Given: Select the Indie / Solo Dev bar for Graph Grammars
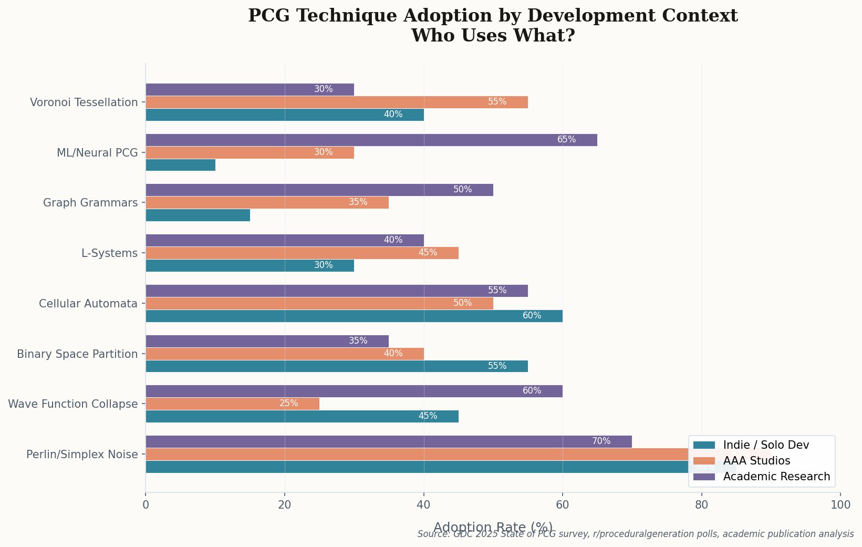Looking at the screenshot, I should pyautogui.click(x=198, y=215).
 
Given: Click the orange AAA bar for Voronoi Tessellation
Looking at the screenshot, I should pyautogui.click(x=336, y=102).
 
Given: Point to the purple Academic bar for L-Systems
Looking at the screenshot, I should pyautogui.click(x=284, y=240).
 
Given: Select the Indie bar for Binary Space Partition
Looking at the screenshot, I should pyautogui.click(x=336, y=366).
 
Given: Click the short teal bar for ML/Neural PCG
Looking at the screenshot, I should pyautogui.click(x=180, y=165).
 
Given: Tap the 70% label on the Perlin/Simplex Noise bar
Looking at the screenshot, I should pyautogui.click(x=601, y=441).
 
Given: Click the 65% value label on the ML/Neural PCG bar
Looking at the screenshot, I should pyautogui.click(x=566, y=140).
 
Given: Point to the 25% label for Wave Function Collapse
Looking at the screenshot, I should pyautogui.click(x=288, y=404).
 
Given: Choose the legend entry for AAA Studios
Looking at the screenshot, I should pyautogui.click(x=756, y=461).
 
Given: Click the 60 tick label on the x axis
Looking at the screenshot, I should pyautogui.click(x=563, y=505).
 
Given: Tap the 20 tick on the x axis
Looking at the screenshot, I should pyautogui.click(x=284, y=505).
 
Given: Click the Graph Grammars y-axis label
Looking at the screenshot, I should pyautogui.click(x=90, y=203).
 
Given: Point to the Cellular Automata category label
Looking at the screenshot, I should pyautogui.click(x=88, y=304).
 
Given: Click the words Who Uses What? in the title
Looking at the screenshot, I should pyautogui.click(x=493, y=36).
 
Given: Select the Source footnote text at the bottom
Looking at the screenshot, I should pyautogui.click(x=635, y=534).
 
